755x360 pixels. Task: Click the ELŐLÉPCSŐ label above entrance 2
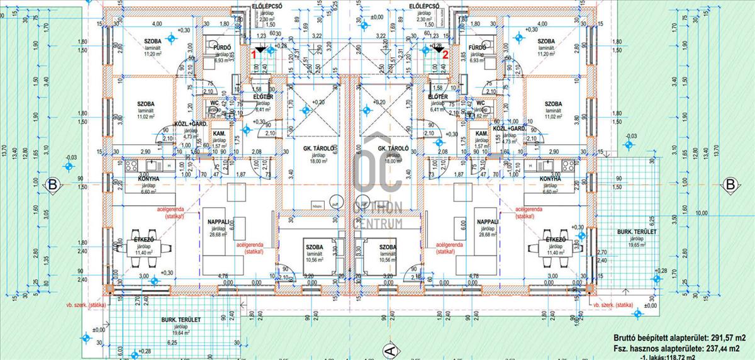424,6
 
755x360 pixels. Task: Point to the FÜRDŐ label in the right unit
478,47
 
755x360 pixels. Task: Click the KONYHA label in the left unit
148,179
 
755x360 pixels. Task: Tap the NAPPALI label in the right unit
488,222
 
